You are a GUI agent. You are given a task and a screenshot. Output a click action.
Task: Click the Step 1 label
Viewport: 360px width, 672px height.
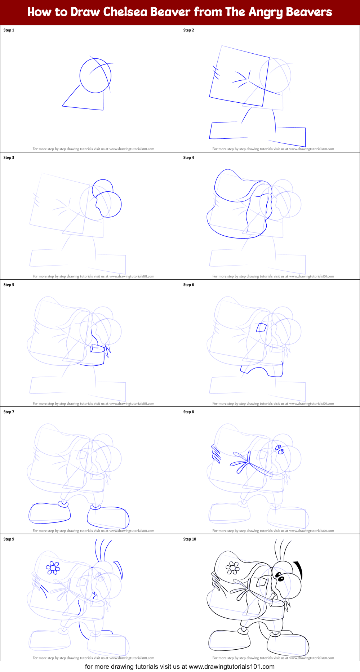(9, 30)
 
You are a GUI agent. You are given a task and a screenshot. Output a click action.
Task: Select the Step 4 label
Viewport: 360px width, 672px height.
(188, 157)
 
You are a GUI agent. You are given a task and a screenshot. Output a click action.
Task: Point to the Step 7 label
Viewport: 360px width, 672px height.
(9, 412)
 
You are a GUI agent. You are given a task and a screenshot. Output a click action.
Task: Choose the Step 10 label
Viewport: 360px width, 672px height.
(190, 539)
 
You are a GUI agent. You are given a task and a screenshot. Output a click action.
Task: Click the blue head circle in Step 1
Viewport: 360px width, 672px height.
(95, 76)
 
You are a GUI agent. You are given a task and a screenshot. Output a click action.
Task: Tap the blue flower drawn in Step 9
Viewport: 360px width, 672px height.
(53, 568)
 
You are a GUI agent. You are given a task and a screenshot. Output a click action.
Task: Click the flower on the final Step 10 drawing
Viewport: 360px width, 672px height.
(232, 568)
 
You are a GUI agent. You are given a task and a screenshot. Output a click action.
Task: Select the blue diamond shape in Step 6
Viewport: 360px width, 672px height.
(261, 328)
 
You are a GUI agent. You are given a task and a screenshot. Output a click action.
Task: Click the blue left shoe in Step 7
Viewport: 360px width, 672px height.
(50, 513)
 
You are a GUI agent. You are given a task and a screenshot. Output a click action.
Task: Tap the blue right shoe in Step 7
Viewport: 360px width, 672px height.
(108, 518)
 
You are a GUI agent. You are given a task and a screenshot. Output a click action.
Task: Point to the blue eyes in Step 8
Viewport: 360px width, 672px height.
(280, 449)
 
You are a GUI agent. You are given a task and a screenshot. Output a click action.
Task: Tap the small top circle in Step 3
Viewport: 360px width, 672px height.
(103, 187)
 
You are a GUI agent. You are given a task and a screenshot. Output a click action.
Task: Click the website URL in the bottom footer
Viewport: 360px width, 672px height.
(231, 667)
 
